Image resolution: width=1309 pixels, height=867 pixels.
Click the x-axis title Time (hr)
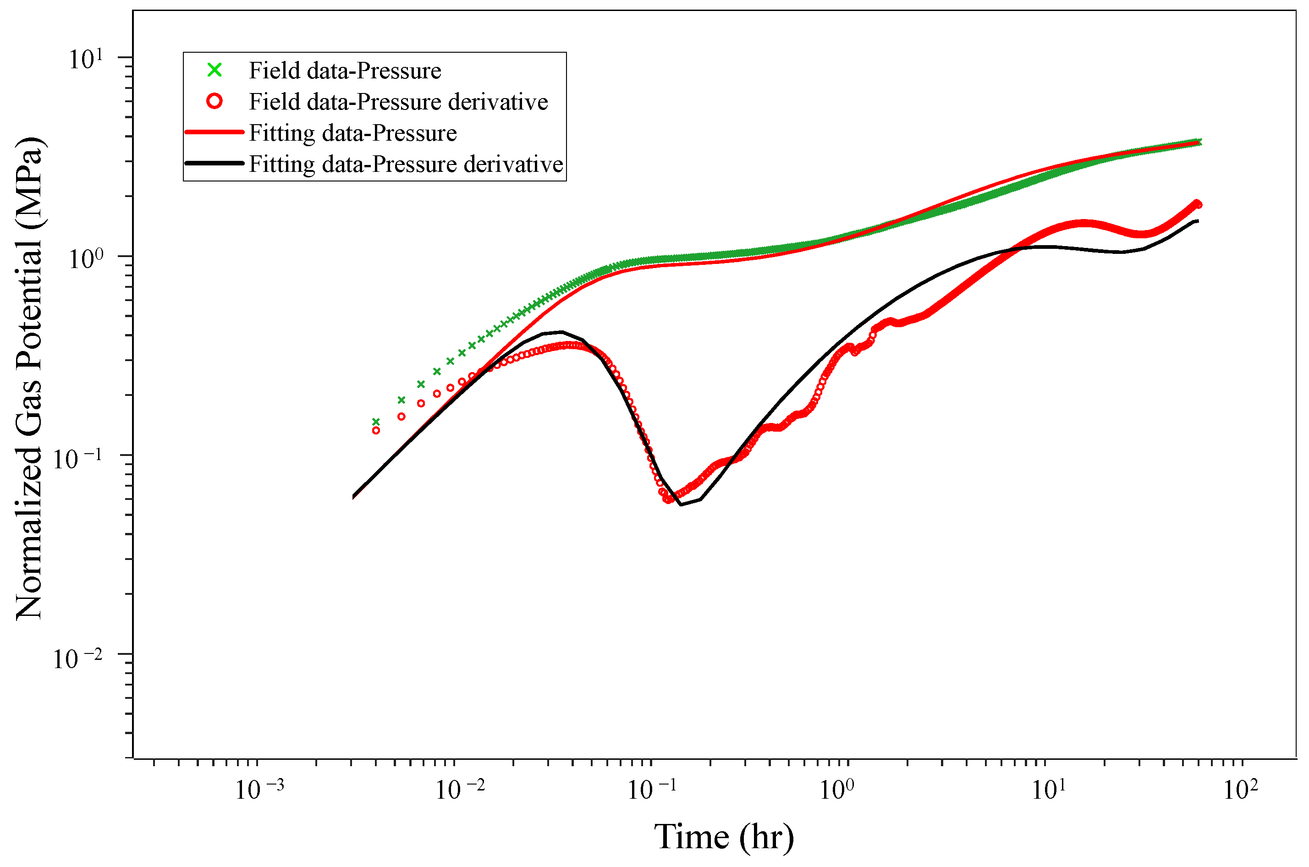coord(723,837)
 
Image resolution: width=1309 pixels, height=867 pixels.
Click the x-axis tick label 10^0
coord(836,790)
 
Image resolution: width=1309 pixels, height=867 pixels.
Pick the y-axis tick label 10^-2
coord(78,658)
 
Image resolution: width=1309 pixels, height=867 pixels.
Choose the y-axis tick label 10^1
coord(86,59)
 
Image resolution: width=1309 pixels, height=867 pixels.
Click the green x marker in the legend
coord(214,70)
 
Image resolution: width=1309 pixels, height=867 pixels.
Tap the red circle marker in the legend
coord(214,101)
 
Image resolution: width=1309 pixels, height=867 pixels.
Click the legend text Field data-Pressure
coord(345,71)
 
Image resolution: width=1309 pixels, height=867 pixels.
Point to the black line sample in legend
coord(214,163)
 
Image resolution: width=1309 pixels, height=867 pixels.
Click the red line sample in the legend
coord(214,132)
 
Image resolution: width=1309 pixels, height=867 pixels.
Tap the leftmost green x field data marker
coord(376,421)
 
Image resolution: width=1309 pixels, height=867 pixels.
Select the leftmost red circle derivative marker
coord(376,430)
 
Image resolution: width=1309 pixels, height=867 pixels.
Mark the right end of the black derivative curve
coord(1198,221)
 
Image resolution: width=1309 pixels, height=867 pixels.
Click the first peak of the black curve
coord(562,332)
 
